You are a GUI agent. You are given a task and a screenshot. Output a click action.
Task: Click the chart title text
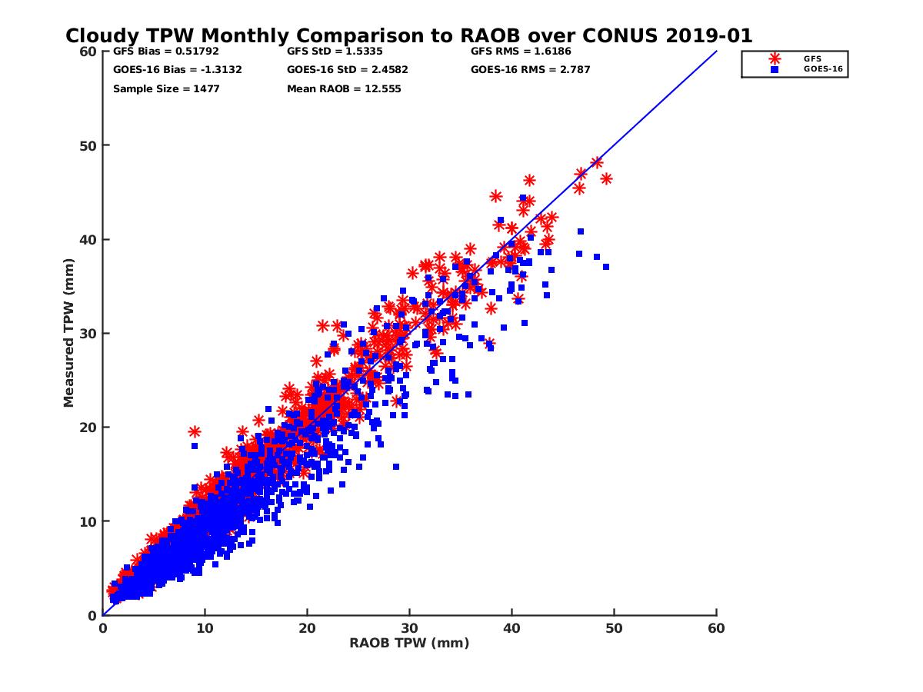(x=408, y=35)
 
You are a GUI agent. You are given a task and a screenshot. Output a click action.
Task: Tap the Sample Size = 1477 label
(x=166, y=88)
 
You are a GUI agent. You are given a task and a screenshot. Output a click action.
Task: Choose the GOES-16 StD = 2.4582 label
(x=348, y=70)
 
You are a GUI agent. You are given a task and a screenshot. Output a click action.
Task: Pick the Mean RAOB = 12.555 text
(x=344, y=88)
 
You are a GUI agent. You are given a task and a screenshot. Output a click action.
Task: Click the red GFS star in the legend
(x=775, y=58)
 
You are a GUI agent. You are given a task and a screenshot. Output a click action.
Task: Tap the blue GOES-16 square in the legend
(x=775, y=69)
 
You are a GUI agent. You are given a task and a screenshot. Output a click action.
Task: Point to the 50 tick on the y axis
(x=88, y=145)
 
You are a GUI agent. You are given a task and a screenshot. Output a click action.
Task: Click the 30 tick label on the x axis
(x=409, y=628)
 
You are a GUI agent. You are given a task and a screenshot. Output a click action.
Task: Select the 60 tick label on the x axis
(x=716, y=628)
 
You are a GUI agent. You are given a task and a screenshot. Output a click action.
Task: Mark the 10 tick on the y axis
(x=88, y=521)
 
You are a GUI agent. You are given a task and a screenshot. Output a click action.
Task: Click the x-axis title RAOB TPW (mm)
(x=409, y=643)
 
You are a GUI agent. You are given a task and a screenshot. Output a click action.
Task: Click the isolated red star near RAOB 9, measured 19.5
(x=195, y=432)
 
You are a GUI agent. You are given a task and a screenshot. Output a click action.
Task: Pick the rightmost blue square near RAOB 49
(x=606, y=267)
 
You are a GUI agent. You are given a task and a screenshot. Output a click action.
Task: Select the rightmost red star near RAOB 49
(x=606, y=178)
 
